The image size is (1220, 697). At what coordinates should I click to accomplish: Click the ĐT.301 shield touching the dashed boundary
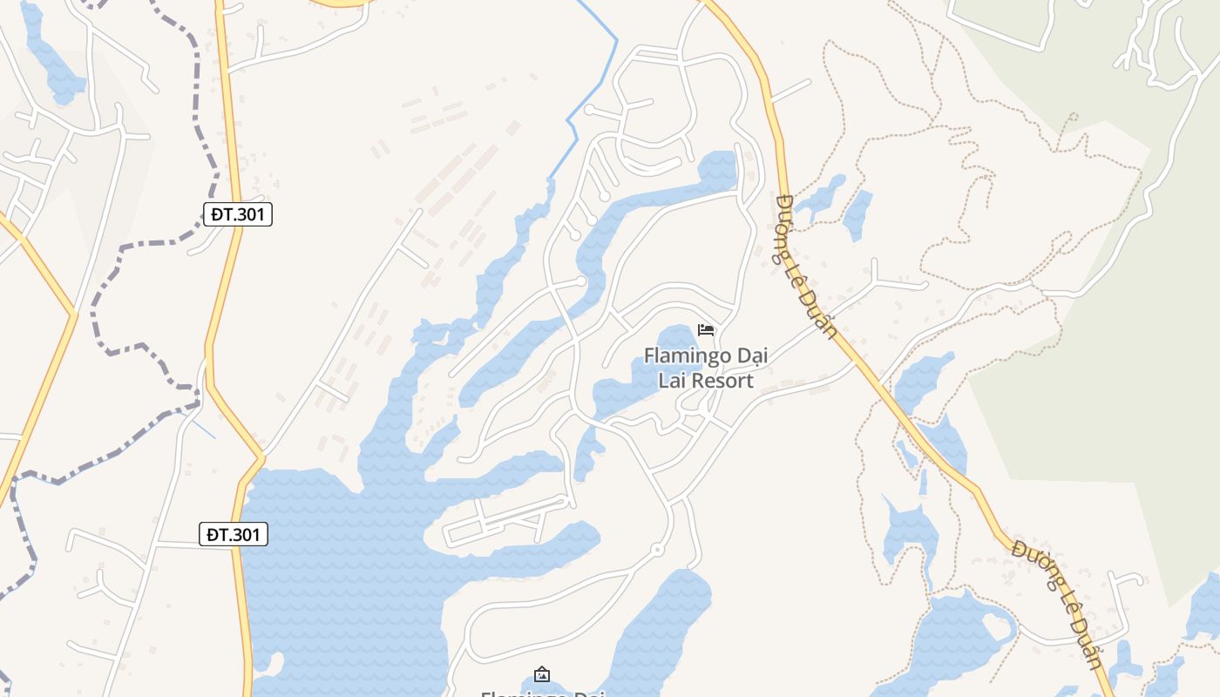coord(238,214)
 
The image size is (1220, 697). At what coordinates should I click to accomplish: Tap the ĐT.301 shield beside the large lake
coord(233,534)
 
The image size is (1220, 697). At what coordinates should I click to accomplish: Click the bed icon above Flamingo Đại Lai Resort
coord(706,329)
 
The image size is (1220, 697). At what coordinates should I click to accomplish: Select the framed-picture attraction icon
coord(542,673)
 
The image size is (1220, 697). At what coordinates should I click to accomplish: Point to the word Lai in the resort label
coord(672,381)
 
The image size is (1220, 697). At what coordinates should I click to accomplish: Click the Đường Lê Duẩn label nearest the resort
coord(806,266)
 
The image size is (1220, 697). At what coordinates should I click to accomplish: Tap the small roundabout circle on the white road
coord(656,549)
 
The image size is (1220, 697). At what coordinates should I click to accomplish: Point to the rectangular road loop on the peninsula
coord(505,523)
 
